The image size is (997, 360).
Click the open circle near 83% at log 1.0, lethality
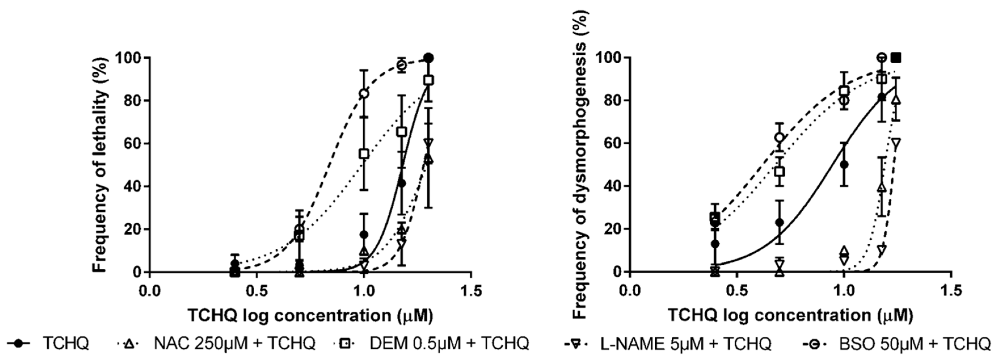[x=364, y=94]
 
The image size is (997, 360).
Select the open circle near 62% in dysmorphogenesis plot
[x=780, y=138]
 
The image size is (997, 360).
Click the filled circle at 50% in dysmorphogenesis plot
[x=844, y=165]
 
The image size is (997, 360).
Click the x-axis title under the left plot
[x=310, y=316]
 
